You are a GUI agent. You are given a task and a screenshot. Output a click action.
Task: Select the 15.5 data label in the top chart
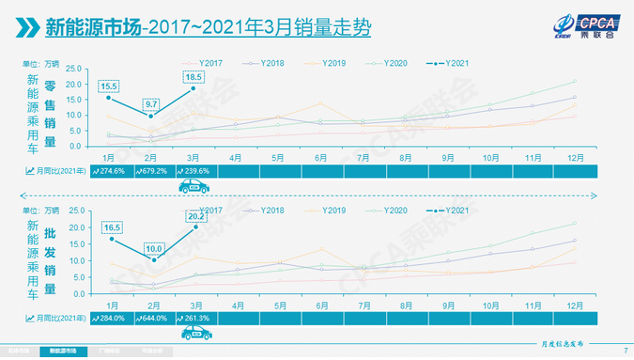(x=109, y=86)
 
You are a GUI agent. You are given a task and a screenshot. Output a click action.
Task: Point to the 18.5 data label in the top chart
(x=193, y=77)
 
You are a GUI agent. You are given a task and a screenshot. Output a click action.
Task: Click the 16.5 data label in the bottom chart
(x=109, y=227)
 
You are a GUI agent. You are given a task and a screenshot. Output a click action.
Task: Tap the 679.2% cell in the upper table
(x=154, y=171)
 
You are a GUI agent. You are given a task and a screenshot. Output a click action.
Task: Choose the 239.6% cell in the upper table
(x=195, y=171)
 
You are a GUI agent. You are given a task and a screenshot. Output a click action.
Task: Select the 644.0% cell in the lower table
(x=154, y=319)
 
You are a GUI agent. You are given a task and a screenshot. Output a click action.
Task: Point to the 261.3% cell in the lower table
(x=195, y=319)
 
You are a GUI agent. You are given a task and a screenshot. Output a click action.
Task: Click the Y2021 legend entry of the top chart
(x=450, y=63)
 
